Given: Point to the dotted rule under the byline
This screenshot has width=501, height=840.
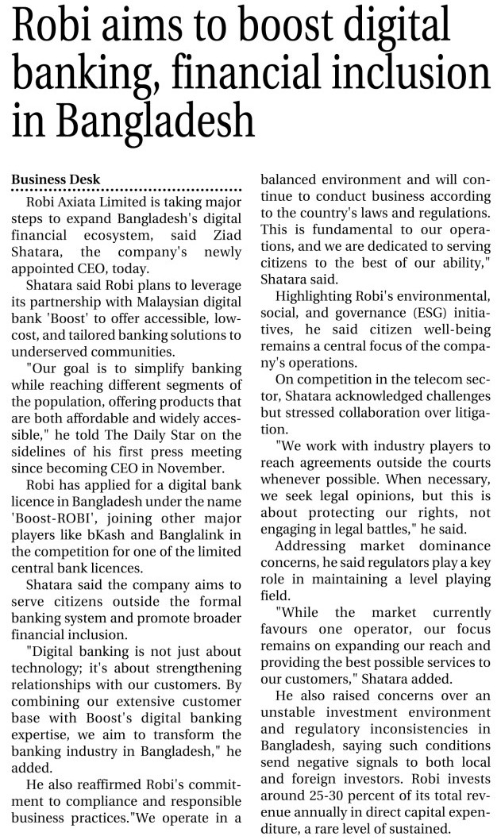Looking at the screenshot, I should tap(127, 190).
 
